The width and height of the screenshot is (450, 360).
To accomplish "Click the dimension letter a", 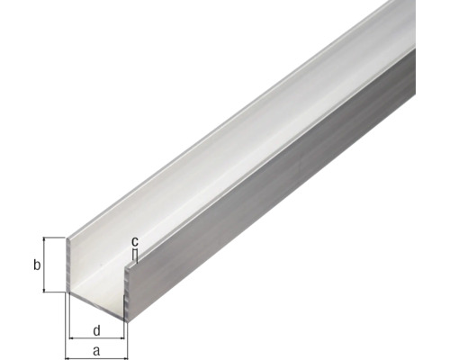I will [96, 350].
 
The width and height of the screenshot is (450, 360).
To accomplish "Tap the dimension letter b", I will [36, 265].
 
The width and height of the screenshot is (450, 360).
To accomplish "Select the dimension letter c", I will [135, 241].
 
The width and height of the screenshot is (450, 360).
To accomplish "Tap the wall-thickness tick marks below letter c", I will [135, 255].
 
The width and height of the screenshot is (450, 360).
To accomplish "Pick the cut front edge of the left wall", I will [67, 265].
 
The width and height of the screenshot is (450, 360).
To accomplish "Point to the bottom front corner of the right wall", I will [127, 317].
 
